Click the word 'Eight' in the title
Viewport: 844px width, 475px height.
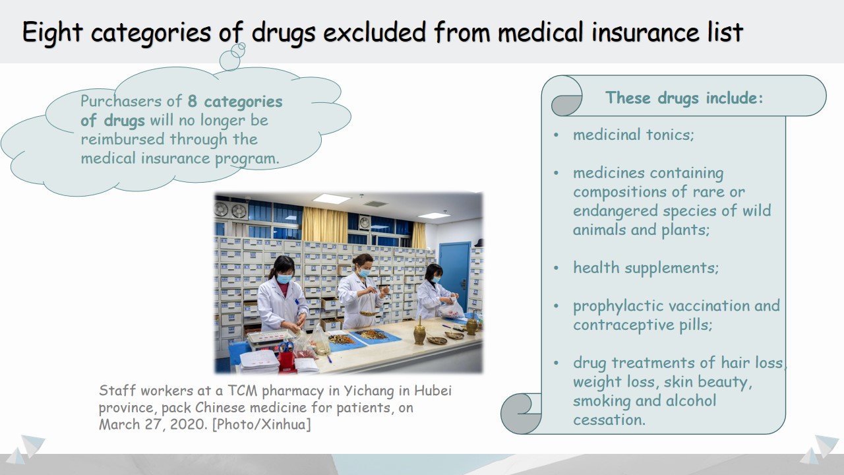tap(52, 33)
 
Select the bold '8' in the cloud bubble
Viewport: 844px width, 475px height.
tap(192, 101)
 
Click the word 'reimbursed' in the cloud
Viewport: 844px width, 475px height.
tap(123, 139)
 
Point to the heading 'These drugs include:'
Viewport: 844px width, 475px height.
tap(684, 98)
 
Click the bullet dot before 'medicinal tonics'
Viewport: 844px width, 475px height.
tap(556, 135)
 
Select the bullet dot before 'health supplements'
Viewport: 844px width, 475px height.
tap(556, 268)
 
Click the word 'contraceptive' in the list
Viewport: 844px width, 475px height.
tap(624, 325)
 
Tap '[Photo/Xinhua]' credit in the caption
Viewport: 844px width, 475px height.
tap(262, 424)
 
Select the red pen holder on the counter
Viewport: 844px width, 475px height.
tap(286, 360)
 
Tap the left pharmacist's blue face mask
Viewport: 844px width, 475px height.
tap(284, 279)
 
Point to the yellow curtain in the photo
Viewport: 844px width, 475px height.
tap(325, 225)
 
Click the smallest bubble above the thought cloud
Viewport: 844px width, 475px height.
tap(242, 46)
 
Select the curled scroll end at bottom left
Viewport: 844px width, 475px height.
tap(521, 414)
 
